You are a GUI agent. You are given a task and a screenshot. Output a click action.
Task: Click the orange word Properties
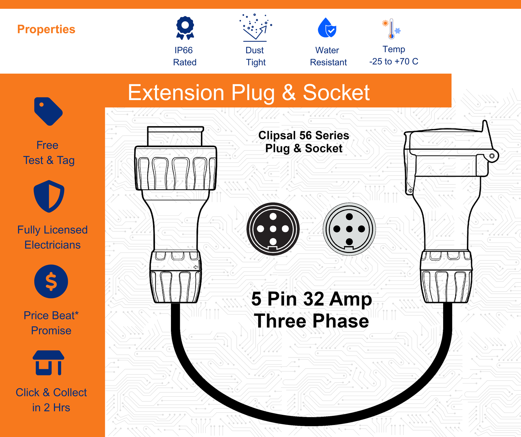point(46,29)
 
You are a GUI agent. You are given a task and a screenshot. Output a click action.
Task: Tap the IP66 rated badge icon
point(185,28)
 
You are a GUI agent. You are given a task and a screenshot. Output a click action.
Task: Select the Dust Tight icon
point(255,28)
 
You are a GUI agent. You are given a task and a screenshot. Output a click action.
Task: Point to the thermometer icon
point(391,29)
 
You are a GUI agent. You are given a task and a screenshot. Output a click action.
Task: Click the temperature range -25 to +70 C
point(394,62)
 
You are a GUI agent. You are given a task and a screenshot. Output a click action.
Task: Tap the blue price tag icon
point(48,111)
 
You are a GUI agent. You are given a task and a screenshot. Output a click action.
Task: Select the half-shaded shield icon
point(49,196)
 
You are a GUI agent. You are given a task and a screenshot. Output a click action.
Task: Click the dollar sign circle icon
point(51,281)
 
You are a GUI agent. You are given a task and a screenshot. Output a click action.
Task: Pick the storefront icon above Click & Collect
point(49,363)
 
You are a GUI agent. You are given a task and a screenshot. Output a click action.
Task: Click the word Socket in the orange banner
point(336,93)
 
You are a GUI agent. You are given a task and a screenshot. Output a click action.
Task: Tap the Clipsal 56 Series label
point(303,135)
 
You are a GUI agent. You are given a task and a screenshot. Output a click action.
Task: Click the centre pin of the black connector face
point(273,229)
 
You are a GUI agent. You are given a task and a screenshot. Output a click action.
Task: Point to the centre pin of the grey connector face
point(349,229)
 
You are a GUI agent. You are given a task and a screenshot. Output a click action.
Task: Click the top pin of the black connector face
point(273,216)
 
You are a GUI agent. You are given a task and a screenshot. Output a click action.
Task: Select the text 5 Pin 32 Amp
point(312,299)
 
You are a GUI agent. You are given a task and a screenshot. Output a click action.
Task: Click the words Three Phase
point(312,321)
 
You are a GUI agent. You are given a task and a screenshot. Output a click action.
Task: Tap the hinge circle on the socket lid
point(492,156)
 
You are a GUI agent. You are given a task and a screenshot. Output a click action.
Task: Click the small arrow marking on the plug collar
point(195,267)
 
